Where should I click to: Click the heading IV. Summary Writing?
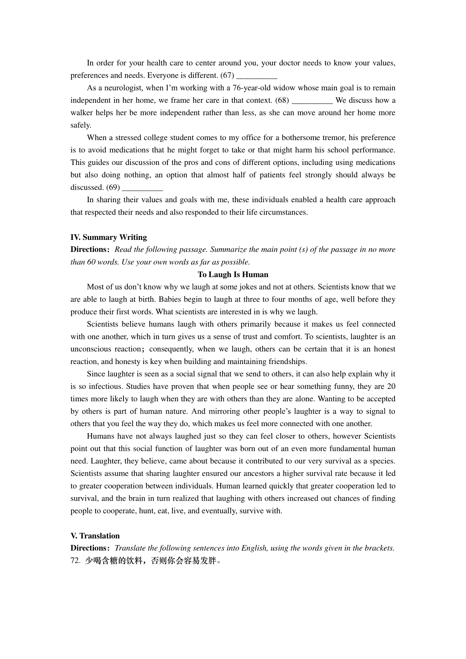point(109,237)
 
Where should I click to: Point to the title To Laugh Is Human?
point(233,275)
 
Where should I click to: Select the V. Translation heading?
point(95,536)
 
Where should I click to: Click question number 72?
point(75,561)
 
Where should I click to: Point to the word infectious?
point(105,387)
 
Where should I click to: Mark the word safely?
point(81,125)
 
